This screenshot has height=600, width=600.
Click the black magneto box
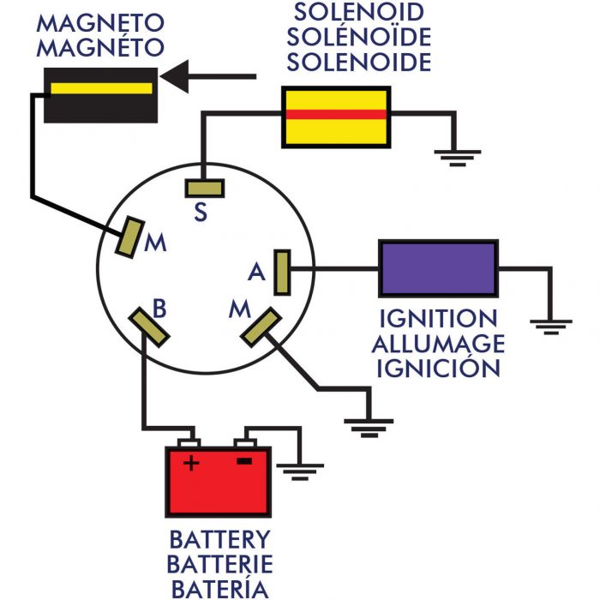point(100,95)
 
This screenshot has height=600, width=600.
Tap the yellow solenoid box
point(336,117)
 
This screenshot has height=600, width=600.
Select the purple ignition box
point(439,268)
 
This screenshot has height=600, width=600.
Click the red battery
point(218,482)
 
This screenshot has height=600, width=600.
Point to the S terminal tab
point(205,189)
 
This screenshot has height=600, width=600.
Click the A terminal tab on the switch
point(282,273)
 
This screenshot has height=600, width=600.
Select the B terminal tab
point(149,327)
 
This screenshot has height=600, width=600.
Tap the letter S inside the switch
point(201,212)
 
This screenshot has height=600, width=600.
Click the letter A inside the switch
point(256,272)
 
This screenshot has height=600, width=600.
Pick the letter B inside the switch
point(159,309)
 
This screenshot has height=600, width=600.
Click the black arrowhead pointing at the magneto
point(175,76)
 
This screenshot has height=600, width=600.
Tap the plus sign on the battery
point(191,464)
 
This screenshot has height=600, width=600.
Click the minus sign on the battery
point(244,461)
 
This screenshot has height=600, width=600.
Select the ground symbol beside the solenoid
point(458,159)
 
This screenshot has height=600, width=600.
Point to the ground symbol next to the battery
point(300,472)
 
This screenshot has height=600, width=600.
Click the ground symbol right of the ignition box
point(551,327)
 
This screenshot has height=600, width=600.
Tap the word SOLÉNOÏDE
point(359,37)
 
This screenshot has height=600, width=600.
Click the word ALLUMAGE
point(438,344)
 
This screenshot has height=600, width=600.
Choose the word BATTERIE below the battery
point(220,564)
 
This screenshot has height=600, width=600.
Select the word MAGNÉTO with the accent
point(100,47)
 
